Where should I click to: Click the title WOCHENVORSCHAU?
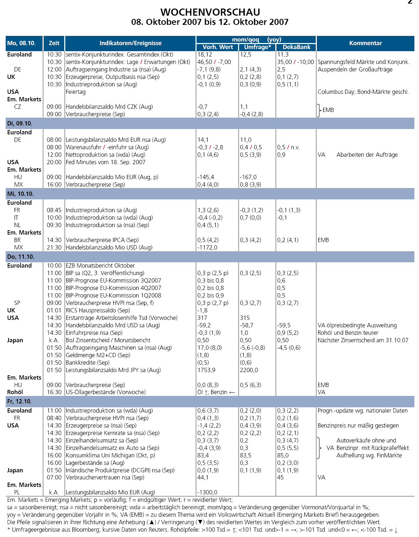210,12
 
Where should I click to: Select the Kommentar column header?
365,43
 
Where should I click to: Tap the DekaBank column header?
296,47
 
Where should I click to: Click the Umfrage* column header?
257,47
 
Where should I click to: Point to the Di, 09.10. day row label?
20,123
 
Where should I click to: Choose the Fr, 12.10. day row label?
20,401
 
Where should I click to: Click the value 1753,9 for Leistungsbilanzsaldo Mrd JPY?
206,370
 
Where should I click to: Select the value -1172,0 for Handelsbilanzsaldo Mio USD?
207,247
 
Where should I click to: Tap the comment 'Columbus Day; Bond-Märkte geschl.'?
363,92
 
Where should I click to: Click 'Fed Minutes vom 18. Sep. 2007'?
105,162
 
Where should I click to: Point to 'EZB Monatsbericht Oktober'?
100,265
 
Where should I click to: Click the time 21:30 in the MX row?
54,247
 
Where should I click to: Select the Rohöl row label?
15,392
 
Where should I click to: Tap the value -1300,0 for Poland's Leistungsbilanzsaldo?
207,492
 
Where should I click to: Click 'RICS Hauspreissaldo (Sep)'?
98,310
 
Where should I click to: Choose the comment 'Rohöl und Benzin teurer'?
348,333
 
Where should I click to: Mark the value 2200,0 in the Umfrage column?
249,370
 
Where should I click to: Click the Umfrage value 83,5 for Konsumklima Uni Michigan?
246,455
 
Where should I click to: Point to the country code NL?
17,225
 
